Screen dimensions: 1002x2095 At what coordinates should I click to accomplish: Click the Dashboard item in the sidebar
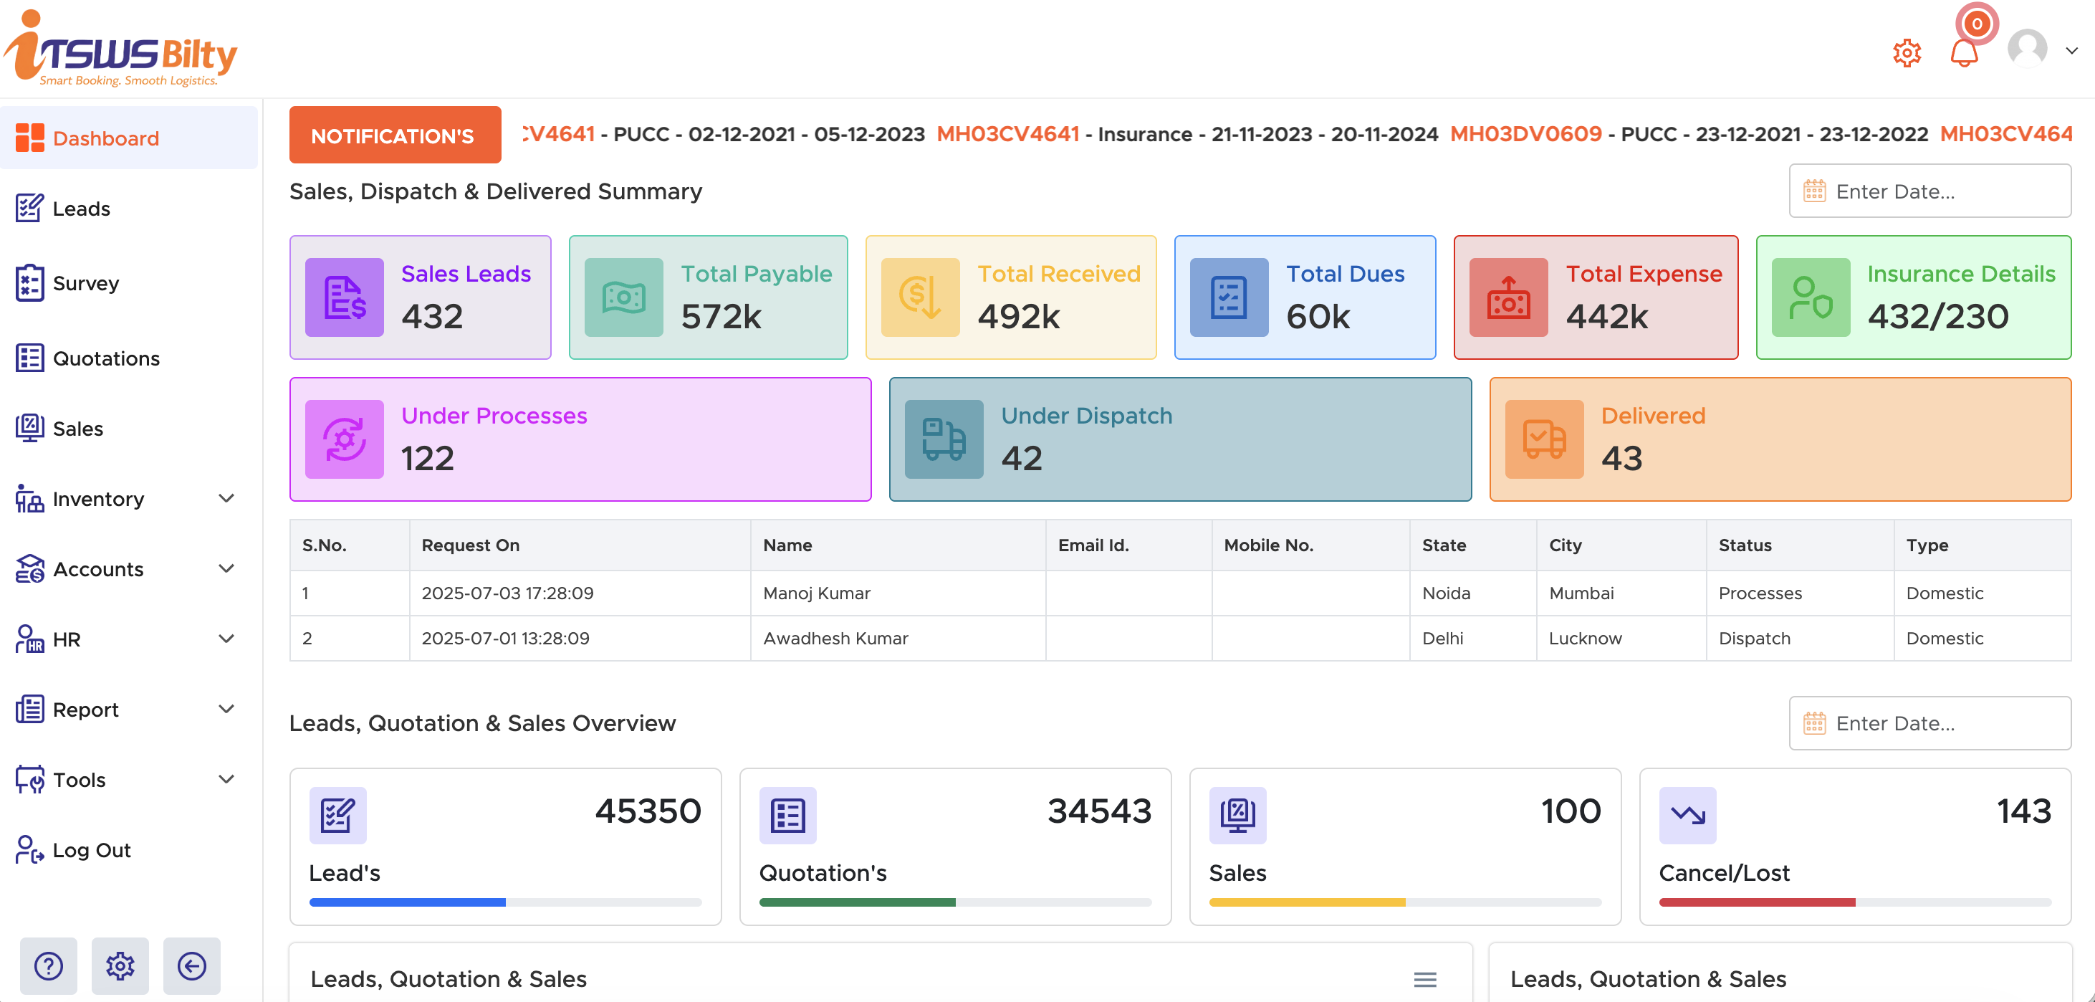[106, 138]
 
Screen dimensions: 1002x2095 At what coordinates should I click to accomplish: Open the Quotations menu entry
[106, 358]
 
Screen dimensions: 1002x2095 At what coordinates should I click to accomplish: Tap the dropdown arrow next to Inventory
[227, 499]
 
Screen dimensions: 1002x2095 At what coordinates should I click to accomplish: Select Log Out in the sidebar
[91, 850]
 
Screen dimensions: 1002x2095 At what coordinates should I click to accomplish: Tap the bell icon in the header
[1963, 54]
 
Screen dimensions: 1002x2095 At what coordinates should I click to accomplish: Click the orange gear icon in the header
[1907, 54]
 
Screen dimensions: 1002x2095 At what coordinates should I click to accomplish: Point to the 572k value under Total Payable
[721, 316]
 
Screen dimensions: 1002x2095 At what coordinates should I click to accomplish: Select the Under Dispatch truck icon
[944, 439]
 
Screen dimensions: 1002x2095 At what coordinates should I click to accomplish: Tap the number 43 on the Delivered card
[1621, 459]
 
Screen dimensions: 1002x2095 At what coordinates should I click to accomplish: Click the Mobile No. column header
[1268, 545]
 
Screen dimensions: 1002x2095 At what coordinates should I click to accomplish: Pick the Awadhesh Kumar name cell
[835, 639]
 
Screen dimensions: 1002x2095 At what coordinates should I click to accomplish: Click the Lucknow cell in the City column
[1584, 639]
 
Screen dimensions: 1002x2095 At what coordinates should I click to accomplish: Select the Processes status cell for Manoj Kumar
[1760, 593]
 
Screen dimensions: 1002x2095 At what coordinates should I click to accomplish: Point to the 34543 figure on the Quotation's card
[1099, 811]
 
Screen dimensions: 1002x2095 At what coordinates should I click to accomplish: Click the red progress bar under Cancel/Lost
[1757, 902]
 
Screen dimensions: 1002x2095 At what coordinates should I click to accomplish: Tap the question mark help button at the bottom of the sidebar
[49, 966]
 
